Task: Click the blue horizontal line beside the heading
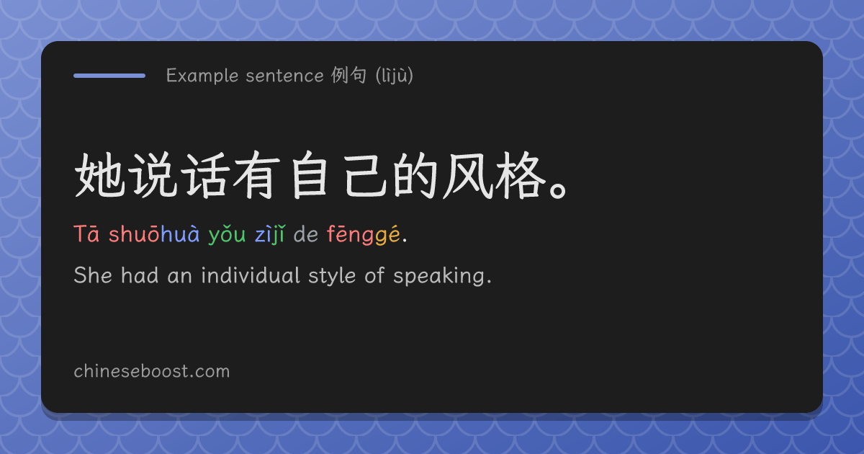[x=109, y=76]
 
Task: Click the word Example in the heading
[x=202, y=76]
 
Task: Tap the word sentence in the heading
[x=284, y=76]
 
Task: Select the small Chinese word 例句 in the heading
[x=348, y=75]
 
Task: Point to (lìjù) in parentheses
[x=395, y=75]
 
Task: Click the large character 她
[x=100, y=175]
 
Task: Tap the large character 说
[x=153, y=175]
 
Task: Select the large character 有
[x=256, y=175]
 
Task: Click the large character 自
[x=310, y=175]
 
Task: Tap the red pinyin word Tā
[x=87, y=234]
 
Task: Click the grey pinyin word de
[x=306, y=234]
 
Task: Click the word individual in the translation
[x=251, y=275]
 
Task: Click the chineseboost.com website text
[x=152, y=371]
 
